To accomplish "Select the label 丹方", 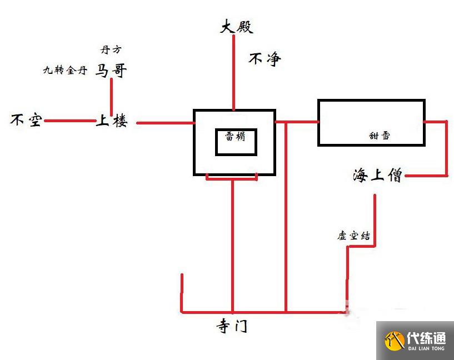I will (x=111, y=49).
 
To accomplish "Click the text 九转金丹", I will (x=65, y=71).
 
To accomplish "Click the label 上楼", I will (x=111, y=121).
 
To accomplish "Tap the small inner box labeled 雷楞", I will (x=236, y=142).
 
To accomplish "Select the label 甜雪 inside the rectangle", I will (x=380, y=136).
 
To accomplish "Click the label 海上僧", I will (x=377, y=176).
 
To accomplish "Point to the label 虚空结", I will (x=353, y=236).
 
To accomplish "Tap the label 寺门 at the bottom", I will (x=232, y=326).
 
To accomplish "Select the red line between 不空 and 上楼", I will (x=70, y=121).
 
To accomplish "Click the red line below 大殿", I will (x=234, y=72).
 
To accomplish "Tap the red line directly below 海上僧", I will (x=375, y=217).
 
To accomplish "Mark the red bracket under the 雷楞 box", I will (x=232, y=178).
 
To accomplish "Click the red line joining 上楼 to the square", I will (x=164, y=122).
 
